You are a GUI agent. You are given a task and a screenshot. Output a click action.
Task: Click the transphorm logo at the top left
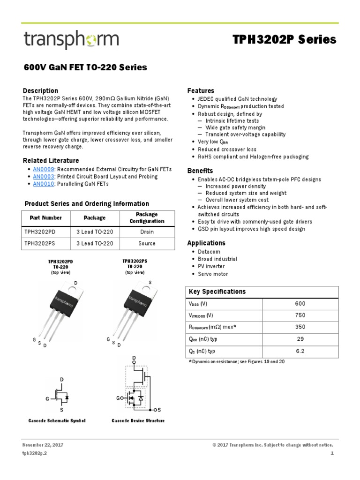[x=71, y=41]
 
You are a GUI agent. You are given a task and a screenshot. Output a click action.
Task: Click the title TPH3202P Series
[x=285, y=40]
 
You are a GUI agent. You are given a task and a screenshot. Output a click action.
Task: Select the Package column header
[x=94, y=217]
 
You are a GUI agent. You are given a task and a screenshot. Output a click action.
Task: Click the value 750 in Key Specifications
[x=300, y=315]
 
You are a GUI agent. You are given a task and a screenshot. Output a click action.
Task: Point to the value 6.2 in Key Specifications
[x=300, y=351]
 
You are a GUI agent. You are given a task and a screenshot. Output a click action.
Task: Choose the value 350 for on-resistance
[x=300, y=327]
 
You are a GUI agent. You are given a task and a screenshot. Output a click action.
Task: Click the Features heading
[x=201, y=90]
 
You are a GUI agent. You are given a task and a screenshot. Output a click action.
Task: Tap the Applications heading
[x=206, y=243]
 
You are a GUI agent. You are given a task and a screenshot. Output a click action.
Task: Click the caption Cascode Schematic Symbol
[x=57, y=420]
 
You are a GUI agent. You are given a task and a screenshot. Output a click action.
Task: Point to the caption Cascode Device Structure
[x=138, y=420]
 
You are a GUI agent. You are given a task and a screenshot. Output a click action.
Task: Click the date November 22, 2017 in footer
[x=43, y=444]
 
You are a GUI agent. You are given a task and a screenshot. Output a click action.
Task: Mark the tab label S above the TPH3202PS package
[x=150, y=282]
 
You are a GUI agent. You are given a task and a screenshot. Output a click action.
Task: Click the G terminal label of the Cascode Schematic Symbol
[x=47, y=399]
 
